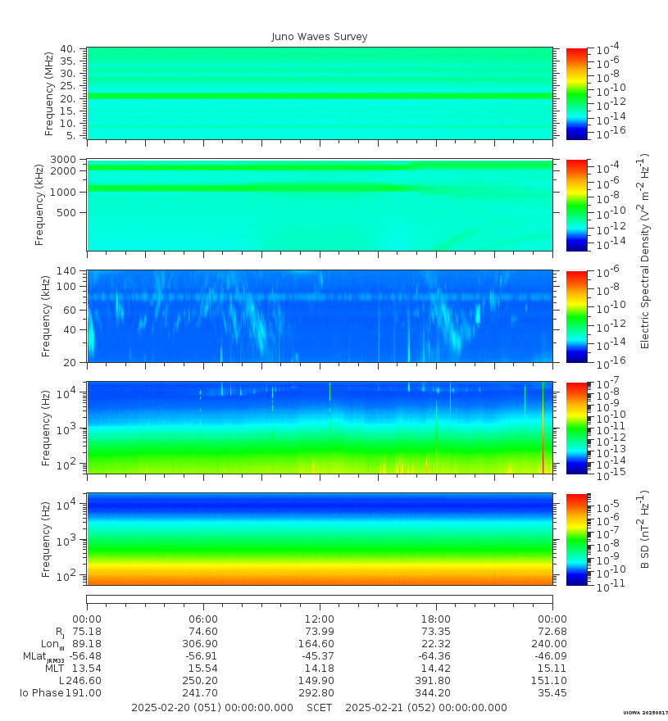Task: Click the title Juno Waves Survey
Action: tap(320, 37)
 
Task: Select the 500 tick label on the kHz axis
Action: tap(67, 212)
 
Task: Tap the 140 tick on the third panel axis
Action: tap(66, 271)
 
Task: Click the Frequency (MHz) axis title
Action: tap(49, 93)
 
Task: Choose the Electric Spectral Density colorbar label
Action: tap(644, 251)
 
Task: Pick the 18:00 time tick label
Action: tap(436, 619)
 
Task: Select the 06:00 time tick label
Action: tap(203, 619)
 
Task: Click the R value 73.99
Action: tap(320, 632)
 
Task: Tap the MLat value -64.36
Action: tap(434, 656)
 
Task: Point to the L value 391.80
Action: tap(434, 681)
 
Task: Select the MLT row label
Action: tap(53, 669)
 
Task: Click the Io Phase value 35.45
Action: tap(552, 693)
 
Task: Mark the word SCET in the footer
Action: tap(320, 708)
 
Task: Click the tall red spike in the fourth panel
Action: tap(543, 426)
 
